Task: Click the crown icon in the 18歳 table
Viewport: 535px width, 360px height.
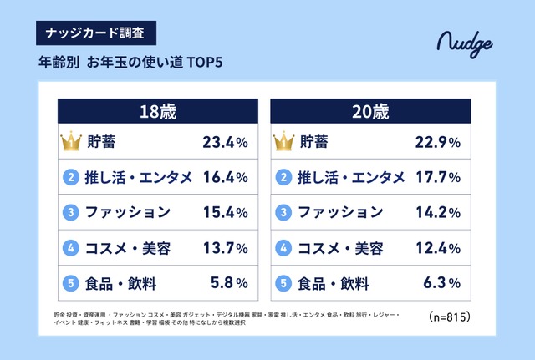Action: coord(71,142)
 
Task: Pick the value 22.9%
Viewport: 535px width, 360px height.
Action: coord(438,143)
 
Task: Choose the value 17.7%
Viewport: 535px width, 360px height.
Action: coord(438,177)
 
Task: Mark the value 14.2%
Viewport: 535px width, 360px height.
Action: coord(438,212)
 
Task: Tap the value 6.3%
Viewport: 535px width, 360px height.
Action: coord(443,282)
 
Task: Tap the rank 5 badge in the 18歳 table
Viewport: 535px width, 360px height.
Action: coord(71,282)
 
